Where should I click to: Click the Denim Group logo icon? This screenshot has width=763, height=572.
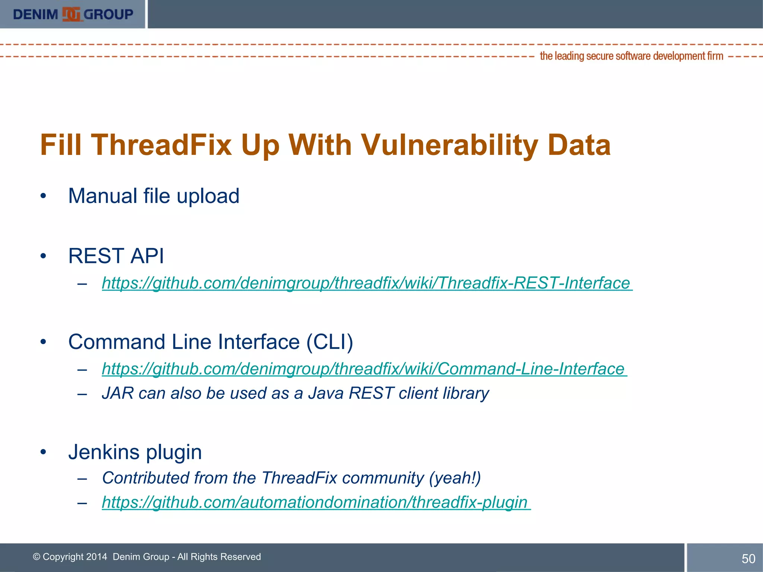(x=71, y=14)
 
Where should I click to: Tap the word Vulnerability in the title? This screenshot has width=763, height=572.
(x=449, y=145)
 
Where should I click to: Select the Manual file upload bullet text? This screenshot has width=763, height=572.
(x=153, y=196)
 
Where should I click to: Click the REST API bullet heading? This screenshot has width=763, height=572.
(x=116, y=256)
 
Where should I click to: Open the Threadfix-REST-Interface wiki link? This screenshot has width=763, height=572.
(x=367, y=283)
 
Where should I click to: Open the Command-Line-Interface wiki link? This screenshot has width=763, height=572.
(x=364, y=369)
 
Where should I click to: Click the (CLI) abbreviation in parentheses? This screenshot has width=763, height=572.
(x=329, y=342)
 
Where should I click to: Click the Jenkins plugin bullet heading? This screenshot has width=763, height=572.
(x=135, y=452)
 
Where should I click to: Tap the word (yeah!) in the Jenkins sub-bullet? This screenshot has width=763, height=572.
(x=455, y=478)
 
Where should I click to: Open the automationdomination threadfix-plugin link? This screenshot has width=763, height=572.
(x=316, y=502)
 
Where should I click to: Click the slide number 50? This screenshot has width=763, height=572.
(x=748, y=559)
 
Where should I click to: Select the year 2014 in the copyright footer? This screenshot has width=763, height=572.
(x=96, y=557)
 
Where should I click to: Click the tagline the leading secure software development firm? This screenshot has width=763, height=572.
(x=631, y=56)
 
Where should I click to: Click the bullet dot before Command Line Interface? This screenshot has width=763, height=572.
(x=44, y=342)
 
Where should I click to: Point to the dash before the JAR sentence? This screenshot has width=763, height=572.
(x=82, y=394)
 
